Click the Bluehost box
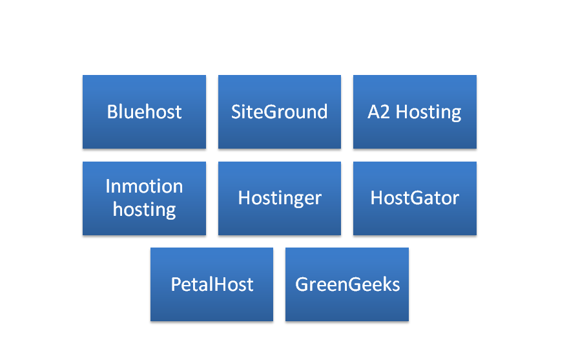[144, 112]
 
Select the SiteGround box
[280, 112]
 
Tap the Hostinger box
[280, 198]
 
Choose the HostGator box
[415, 198]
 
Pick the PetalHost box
[212, 284]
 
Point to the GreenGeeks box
[347, 284]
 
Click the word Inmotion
[144, 186]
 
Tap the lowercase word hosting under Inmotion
[144, 210]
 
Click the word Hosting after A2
[428, 112]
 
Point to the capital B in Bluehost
[112, 112]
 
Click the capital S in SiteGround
[236, 112]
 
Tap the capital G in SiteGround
[271, 112]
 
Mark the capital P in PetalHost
[176, 284]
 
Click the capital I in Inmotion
[107, 186]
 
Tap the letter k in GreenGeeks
[388, 284]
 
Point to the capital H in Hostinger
[245, 198]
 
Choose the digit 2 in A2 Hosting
[385, 112]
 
